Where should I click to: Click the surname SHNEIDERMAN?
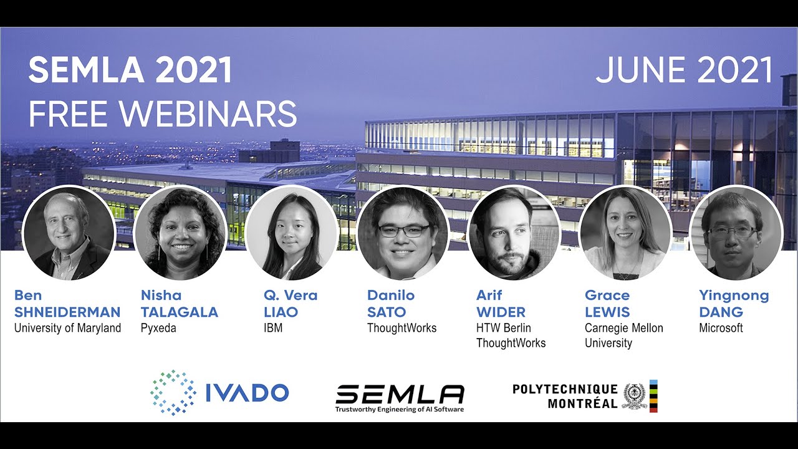click(67, 312)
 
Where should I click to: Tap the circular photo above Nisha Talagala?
click(181, 233)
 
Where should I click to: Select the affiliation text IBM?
click(273, 328)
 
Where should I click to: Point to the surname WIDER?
click(501, 312)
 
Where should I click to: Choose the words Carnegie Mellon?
click(624, 328)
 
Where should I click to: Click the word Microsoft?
click(721, 328)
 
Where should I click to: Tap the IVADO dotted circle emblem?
click(173, 393)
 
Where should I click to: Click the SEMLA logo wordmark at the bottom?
click(400, 394)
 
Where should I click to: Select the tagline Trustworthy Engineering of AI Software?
click(400, 409)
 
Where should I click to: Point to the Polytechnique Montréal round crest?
click(635, 396)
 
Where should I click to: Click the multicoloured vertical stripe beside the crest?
click(653, 396)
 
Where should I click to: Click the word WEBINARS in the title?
click(208, 114)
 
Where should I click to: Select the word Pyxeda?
click(158, 328)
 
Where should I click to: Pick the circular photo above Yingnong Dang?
click(736, 233)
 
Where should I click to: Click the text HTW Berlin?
click(503, 328)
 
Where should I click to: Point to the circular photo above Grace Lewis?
click(625, 233)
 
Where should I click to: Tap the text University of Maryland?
click(68, 328)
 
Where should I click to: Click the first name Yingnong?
click(734, 296)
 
